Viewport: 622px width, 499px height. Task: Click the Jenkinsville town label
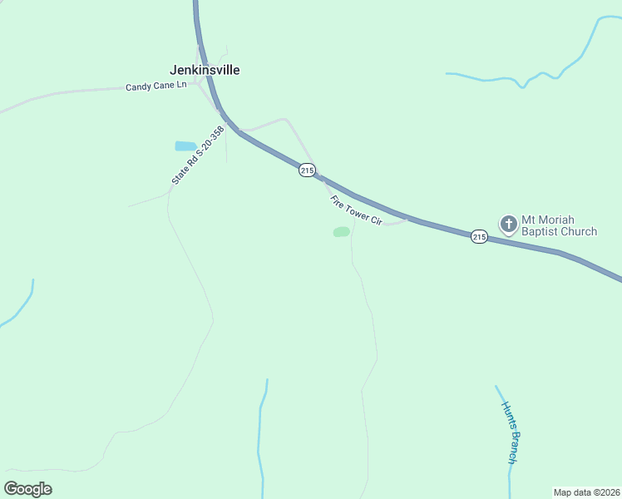(x=205, y=70)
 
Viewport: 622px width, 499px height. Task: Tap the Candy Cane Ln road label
(x=156, y=86)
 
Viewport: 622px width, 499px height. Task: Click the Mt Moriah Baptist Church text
(x=559, y=225)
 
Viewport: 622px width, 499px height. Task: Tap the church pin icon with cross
(x=508, y=225)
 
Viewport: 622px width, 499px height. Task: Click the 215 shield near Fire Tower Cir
(x=308, y=170)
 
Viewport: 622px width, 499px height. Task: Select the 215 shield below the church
(x=479, y=236)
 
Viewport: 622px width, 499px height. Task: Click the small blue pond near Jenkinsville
(x=185, y=146)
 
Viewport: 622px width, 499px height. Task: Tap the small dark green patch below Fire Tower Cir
(x=341, y=232)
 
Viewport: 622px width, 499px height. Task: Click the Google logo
(x=28, y=489)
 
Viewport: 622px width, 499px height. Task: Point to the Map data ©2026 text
(x=586, y=492)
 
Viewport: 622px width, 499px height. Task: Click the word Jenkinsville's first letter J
(x=173, y=70)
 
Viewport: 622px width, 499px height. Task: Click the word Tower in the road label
(x=356, y=211)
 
